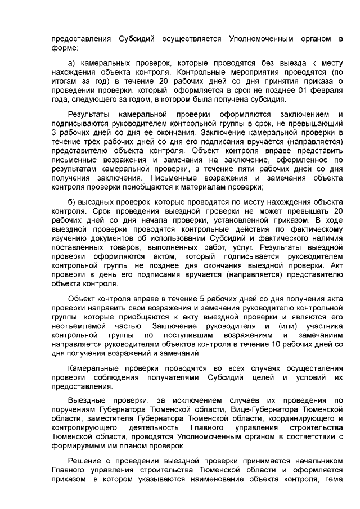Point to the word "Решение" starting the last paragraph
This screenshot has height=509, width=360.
coord(84,461)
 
